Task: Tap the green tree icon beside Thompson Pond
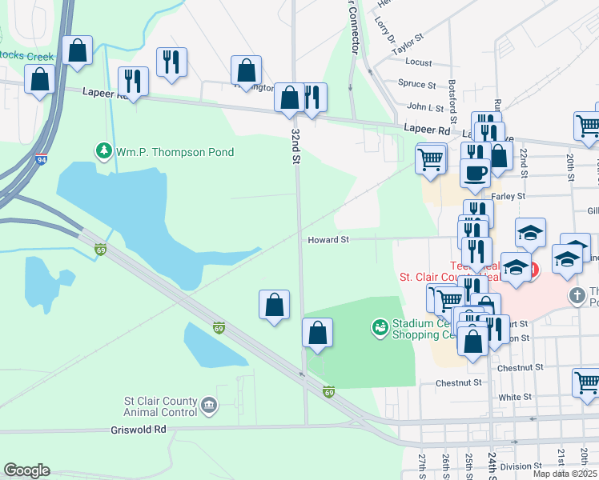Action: click(103, 151)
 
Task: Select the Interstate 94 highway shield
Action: click(40, 160)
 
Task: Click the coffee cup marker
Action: click(475, 173)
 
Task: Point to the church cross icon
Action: click(577, 296)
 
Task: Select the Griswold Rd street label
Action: click(139, 430)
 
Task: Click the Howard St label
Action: click(328, 239)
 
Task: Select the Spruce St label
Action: click(416, 84)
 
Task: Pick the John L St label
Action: click(425, 106)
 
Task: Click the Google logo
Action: click(26, 470)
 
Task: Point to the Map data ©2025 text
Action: click(565, 474)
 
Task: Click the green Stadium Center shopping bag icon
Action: click(380, 327)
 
